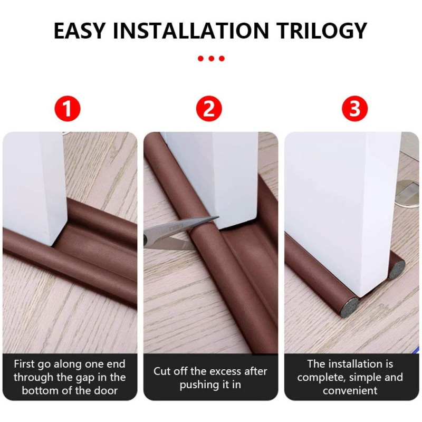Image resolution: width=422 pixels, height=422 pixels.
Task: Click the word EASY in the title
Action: pos(79,31)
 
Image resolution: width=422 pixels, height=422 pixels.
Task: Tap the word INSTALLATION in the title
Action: pos(191,31)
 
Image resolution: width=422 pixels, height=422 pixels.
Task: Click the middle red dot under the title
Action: pos(212,59)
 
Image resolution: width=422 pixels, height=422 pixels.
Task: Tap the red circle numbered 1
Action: pos(68,109)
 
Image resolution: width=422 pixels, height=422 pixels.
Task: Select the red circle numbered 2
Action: pos(209,109)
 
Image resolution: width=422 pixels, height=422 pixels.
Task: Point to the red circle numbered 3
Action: pos(354,109)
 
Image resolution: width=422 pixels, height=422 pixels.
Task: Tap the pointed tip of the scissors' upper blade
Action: pos(219,217)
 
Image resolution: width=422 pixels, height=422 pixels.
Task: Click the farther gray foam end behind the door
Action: pos(397,270)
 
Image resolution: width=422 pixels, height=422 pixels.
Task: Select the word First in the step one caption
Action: pos(24,364)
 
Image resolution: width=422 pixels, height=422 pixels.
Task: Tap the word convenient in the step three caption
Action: pos(350,390)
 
